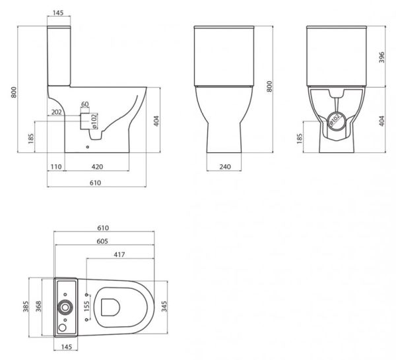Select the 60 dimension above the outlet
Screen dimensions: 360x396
tap(84, 104)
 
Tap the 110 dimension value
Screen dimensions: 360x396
tap(55, 167)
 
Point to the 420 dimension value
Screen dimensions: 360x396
tap(96, 167)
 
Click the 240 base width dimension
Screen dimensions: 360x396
tap(224, 167)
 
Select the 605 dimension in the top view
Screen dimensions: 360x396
tap(102, 242)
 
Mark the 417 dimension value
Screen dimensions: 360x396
tap(119, 255)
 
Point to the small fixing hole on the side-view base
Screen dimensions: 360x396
tap(88, 147)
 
